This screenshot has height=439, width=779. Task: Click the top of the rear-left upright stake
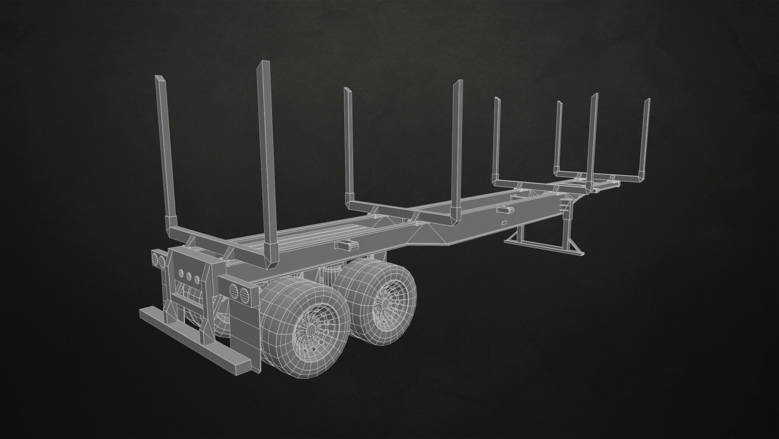(159, 79)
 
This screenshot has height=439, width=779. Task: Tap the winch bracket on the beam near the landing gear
(505, 210)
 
